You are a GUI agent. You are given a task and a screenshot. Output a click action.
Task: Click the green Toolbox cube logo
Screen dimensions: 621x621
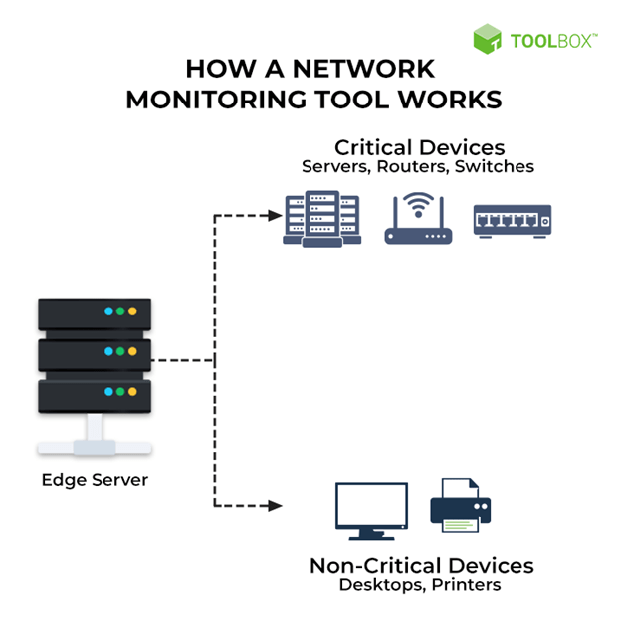coord(488,39)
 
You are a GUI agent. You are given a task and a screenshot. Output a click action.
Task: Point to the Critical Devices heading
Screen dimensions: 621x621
coord(419,147)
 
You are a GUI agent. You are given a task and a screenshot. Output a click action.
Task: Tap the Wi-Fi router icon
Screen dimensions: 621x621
coord(418,220)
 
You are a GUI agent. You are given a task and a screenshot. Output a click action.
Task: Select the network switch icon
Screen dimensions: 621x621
coord(512,220)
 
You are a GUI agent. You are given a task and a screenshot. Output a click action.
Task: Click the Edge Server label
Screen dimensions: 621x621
coord(95,479)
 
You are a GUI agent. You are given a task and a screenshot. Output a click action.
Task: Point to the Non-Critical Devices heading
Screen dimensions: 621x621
coord(421,565)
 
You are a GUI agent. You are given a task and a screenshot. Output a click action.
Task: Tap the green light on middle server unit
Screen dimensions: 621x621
coord(120,352)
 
